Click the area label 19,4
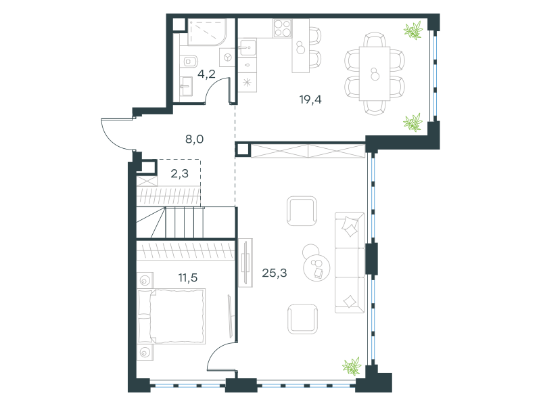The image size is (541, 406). pyautogui.click(x=310, y=99)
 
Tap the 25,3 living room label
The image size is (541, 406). pyautogui.click(x=275, y=273)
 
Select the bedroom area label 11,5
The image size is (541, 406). pyautogui.click(x=188, y=277)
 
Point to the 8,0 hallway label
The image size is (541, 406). pyautogui.click(x=195, y=139)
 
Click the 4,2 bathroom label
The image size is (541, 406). pyautogui.click(x=206, y=74)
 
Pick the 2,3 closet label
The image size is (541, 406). pyautogui.click(x=180, y=173)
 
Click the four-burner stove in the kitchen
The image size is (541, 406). pyautogui.click(x=283, y=28)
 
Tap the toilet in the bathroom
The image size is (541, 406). pyautogui.click(x=189, y=62)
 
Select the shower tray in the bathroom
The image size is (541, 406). pyautogui.click(x=207, y=32)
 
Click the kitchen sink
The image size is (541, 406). pyautogui.click(x=248, y=47)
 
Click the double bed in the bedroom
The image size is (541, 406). pyautogui.click(x=172, y=316)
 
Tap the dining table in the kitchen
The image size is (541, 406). pyautogui.click(x=375, y=74)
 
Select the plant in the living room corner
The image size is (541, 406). pyautogui.click(x=352, y=366)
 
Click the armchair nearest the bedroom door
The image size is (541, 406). pyautogui.click(x=302, y=319)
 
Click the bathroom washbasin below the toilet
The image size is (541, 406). pyautogui.click(x=187, y=86)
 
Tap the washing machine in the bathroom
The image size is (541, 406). pyautogui.click(x=228, y=57)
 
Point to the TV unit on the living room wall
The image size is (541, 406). pyautogui.click(x=245, y=263)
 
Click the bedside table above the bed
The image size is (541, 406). pyautogui.click(x=145, y=280)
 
